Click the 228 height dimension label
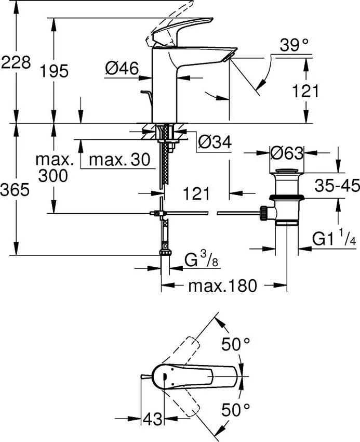pyautogui.click(x=15, y=63)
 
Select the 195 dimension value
pyautogui.click(x=55, y=71)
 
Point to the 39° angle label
pyautogui.click(x=294, y=46)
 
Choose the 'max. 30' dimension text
pyautogui.click(x=119, y=159)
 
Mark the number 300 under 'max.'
pyautogui.click(x=53, y=176)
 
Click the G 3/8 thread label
pyautogui.click(x=199, y=259)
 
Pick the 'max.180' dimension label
pyautogui.click(x=223, y=285)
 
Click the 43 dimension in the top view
pyautogui.click(x=152, y=418)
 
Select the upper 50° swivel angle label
pyautogui.click(x=236, y=344)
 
